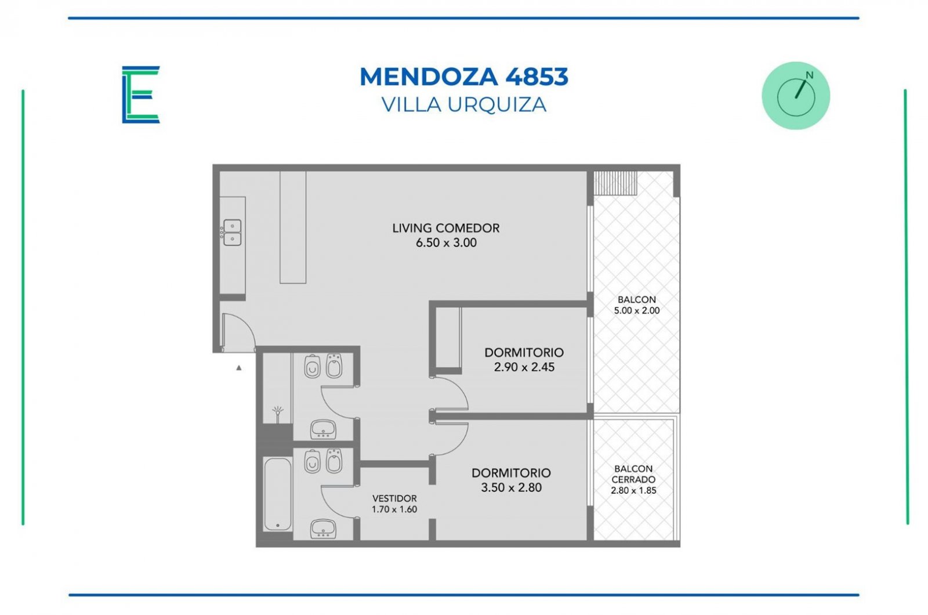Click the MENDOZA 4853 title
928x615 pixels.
[463, 77]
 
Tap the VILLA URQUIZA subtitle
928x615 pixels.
[463, 104]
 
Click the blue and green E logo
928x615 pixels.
[141, 95]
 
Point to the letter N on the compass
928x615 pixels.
[809, 75]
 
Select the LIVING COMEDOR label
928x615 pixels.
[446, 228]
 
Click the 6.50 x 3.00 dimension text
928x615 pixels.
[446, 243]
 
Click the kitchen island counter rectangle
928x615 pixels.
[293, 227]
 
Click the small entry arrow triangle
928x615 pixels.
[238, 368]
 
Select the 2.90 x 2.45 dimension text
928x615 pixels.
[524, 367]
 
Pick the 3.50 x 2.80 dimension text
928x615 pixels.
[511, 487]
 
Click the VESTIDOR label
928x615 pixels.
[394, 498]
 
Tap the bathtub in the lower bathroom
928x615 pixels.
[278, 494]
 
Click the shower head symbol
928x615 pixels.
[278, 413]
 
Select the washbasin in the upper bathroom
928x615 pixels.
[323, 429]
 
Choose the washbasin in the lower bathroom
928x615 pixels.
[323, 529]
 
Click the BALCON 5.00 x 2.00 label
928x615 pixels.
[637, 305]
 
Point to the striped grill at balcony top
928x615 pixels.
[615, 183]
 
